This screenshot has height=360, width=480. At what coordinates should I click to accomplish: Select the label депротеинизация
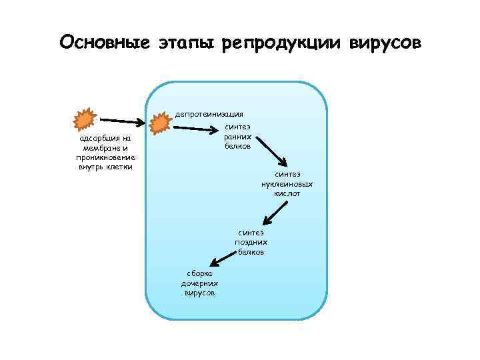click(x=209, y=114)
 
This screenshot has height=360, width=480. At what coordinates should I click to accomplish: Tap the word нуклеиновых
click(x=287, y=183)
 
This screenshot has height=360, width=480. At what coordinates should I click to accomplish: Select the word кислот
click(x=287, y=193)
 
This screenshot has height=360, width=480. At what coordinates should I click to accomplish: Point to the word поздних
click(x=251, y=243)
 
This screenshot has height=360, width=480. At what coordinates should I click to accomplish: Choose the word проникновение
click(x=105, y=157)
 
